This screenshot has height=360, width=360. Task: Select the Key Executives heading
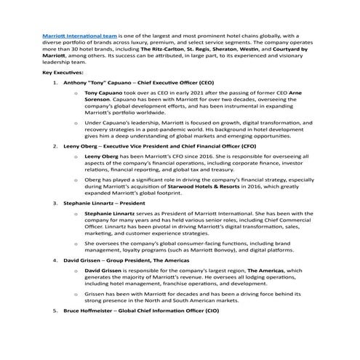tap(63, 73)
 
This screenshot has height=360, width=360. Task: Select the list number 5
tap(57, 311)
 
